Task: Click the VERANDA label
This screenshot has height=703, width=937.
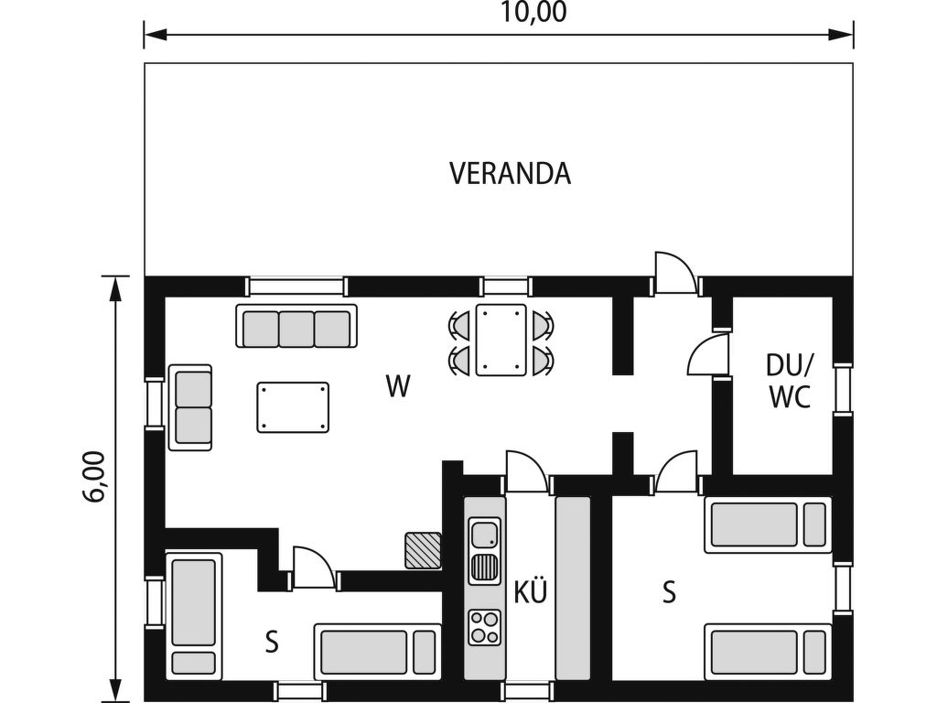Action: pos(510,173)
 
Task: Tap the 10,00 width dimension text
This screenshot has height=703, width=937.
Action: pos(533,13)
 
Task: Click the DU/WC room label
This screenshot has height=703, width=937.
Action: pos(790,380)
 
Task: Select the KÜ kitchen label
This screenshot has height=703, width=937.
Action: pos(531,592)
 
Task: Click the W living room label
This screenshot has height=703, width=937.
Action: pos(398,386)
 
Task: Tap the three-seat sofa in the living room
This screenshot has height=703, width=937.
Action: pos(296,326)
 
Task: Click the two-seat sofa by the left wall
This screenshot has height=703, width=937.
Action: pos(190,407)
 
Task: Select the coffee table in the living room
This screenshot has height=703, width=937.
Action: pos(293,407)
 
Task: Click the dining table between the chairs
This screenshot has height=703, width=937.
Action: pos(501,341)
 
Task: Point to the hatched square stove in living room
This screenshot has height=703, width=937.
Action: pos(423,550)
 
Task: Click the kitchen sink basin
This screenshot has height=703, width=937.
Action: pos(485,535)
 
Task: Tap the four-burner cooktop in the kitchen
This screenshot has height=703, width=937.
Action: pos(485,627)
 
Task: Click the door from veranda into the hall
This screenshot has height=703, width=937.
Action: pos(676,273)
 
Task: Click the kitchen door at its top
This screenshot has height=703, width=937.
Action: pos(526,471)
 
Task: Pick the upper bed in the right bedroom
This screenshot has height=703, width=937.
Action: pos(768,525)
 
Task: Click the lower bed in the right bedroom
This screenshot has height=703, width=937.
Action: pos(768,652)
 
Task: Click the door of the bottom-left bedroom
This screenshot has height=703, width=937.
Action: pos(314,568)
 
